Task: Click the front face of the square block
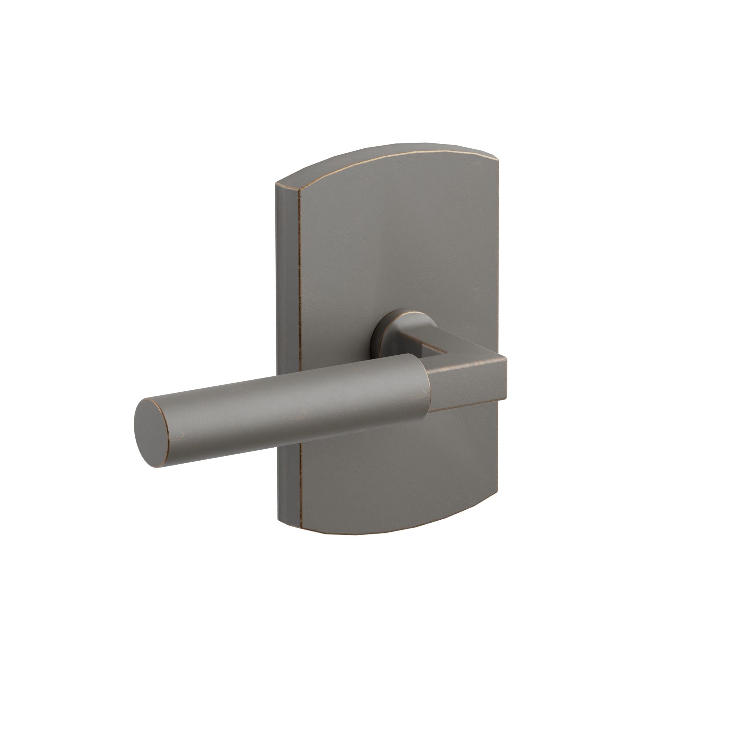[467, 385]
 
